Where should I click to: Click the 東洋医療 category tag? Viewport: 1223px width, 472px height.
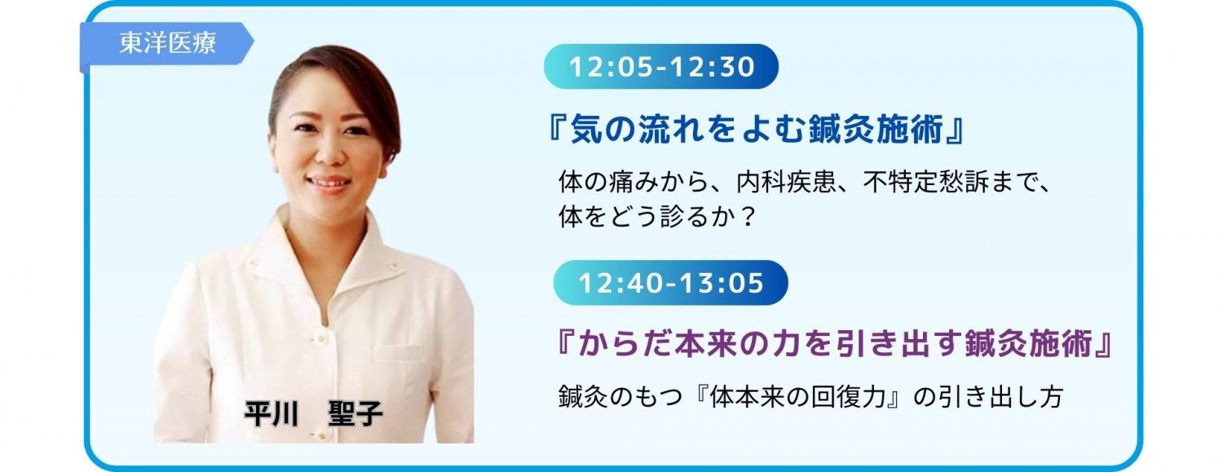tap(166, 44)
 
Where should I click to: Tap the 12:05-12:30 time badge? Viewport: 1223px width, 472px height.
tap(661, 67)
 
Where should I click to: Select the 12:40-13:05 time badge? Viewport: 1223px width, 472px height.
tap(670, 283)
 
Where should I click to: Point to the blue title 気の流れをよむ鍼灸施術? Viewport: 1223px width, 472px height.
tap(757, 130)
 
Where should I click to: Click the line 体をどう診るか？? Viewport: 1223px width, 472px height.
tap(656, 217)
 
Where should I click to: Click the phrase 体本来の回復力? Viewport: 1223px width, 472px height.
tap(797, 397)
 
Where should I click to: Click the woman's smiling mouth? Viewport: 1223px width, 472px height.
tap(328, 183)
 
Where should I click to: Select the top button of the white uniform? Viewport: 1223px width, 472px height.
tap(321, 339)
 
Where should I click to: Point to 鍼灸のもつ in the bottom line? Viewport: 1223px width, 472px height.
tap(620, 397)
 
